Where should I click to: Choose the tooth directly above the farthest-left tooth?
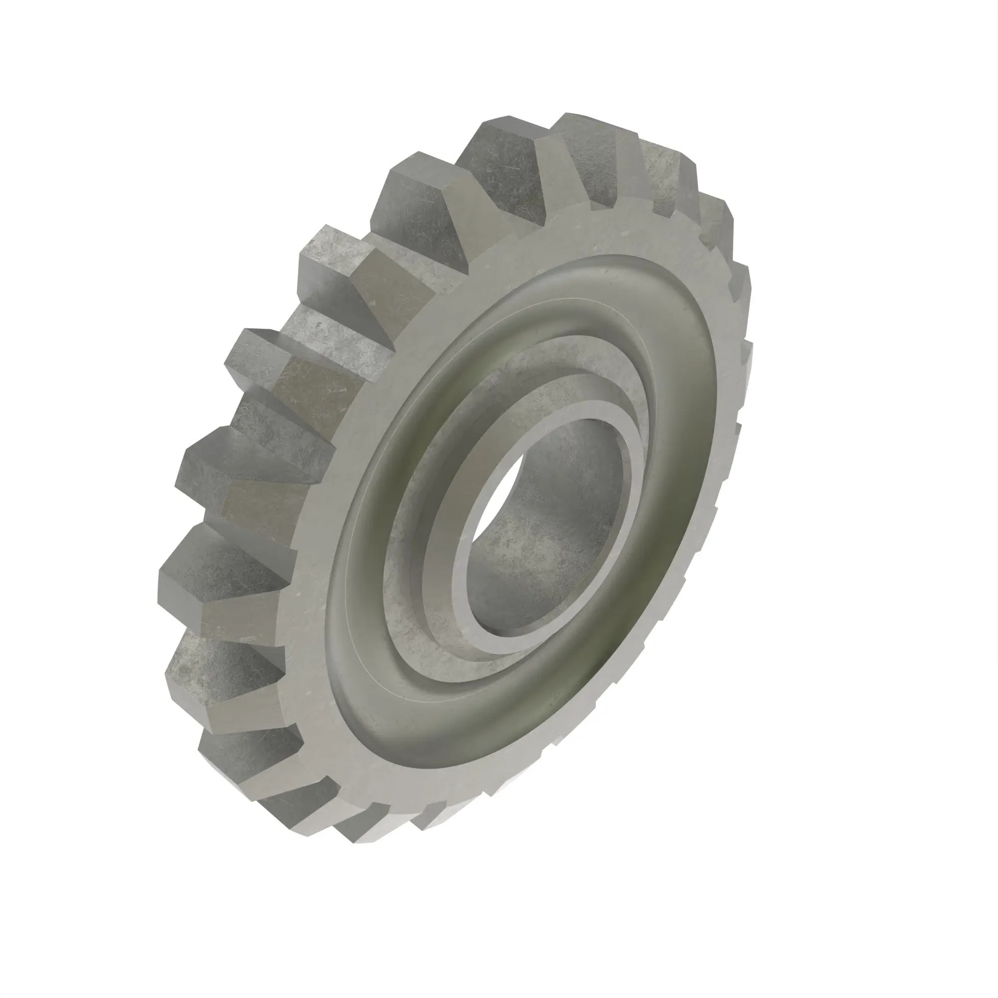click(243, 481)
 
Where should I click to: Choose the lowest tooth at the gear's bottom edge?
click(362, 832)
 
